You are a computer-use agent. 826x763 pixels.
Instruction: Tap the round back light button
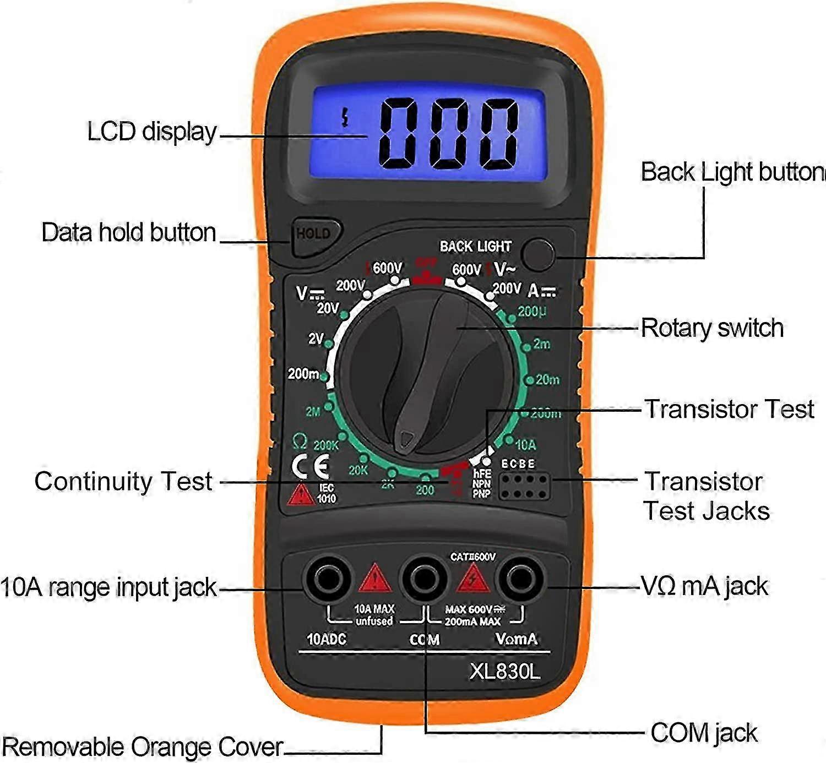coord(537,255)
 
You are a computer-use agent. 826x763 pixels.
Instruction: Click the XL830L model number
coord(504,671)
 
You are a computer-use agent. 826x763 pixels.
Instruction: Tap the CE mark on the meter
coord(311,467)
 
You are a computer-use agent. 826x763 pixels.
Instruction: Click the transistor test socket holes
coord(524,486)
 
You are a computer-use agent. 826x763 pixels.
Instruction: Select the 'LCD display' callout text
coord(152,132)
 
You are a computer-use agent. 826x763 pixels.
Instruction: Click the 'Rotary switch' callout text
coord(711,328)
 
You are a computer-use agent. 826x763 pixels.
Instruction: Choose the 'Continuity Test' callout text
coord(123,481)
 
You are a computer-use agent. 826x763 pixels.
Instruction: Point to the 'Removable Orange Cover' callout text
coord(142,746)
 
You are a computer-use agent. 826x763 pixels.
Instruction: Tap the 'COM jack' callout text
coord(703,733)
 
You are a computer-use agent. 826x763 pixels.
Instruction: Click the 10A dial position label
coord(525,444)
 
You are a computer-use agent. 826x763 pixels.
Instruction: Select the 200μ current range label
coord(532,312)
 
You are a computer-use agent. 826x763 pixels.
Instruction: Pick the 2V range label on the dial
coord(316,339)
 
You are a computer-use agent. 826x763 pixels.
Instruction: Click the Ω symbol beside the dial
coord(300,442)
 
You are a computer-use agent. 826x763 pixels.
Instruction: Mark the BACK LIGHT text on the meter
coord(475,247)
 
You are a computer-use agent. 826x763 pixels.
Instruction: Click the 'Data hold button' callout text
coord(129,232)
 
